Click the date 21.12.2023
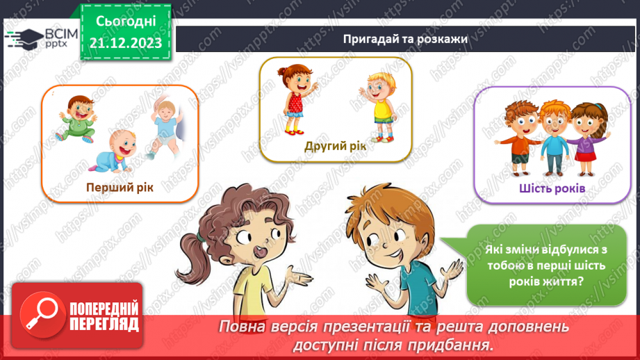click(x=126, y=42)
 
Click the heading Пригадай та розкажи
click(x=404, y=39)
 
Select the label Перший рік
click(x=120, y=187)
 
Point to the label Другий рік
click(x=335, y=146)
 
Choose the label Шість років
click(x=552, y=188)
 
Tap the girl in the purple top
click(x=585, y=136)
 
